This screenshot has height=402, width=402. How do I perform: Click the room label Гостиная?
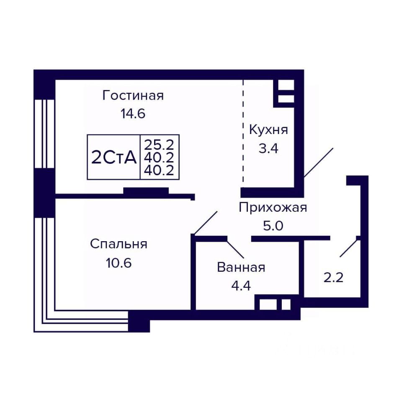point(133,95)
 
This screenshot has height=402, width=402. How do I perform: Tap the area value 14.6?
point(133,113)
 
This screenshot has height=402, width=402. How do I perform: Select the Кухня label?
point(268,130)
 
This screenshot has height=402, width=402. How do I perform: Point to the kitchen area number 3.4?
point(268,149)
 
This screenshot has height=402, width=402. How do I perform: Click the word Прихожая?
point(273,207)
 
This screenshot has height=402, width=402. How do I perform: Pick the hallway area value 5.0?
point(273,226)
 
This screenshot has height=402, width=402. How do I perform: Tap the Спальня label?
point(119,244)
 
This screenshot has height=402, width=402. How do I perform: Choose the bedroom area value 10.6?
point(119,263)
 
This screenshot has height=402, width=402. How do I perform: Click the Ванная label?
point(241,268)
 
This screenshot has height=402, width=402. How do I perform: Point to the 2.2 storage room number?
point(333,278)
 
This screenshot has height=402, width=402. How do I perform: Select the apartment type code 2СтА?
point(114,157)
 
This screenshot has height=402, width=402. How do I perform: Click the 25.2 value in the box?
point(159,145)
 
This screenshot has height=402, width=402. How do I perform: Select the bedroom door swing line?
point(206,223)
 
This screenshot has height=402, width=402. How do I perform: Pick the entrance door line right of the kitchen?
point(318,162)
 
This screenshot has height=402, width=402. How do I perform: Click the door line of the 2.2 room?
point(348,248)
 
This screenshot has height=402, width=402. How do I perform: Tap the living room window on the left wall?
point(44,134)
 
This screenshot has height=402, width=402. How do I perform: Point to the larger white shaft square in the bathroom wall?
point(268,304)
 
